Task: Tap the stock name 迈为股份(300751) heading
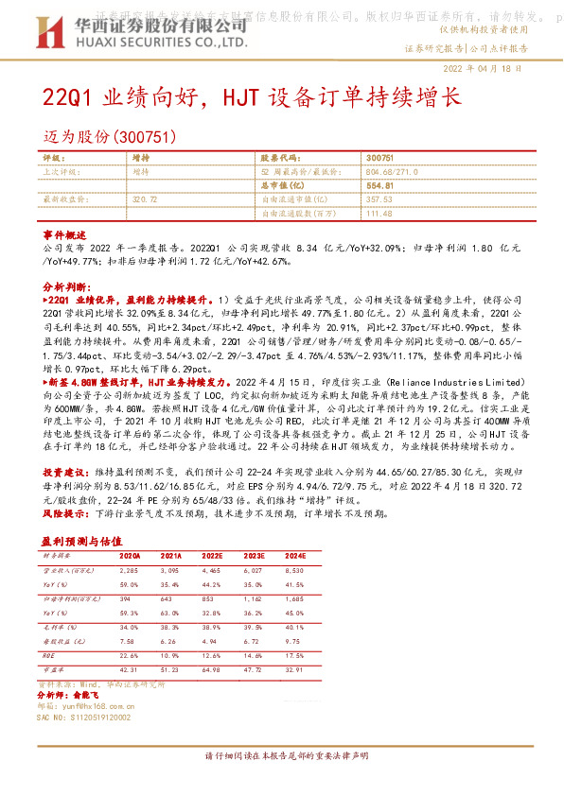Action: coord(110,136)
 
